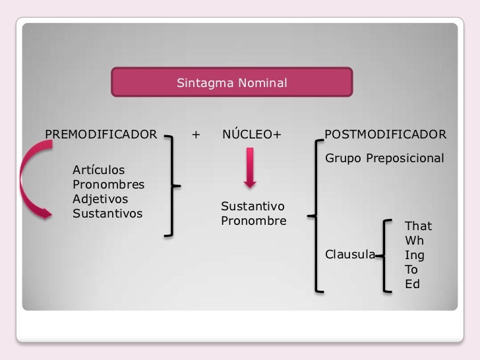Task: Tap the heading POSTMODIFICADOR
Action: coord(385,135)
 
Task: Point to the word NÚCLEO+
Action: coord(252,135)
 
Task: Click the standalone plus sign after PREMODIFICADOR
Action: coord(195,135)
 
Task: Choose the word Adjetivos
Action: coord(100,199)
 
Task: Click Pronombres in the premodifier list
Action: coord(108,185)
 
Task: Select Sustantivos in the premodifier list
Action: coord(107,214)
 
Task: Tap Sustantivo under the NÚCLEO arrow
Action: coord(252,206)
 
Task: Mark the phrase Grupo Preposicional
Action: coord(384,159)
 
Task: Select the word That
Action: coord(418,226)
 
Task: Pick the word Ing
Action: coord(414,255)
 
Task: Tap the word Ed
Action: coord(412,285)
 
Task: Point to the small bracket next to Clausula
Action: coord(386,255)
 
